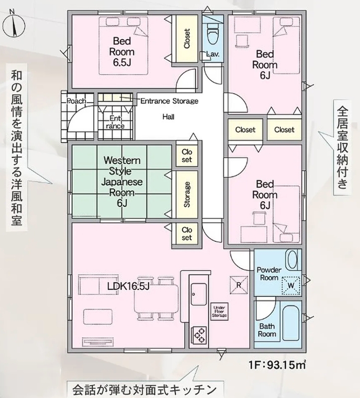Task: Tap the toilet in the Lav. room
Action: (213, 34)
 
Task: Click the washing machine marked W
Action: (291, 285)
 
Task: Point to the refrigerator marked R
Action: (239, 285)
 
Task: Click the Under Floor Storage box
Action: (219, 311)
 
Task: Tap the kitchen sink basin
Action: (199, 294)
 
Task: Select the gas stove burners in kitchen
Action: (199, 334)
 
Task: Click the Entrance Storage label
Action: (169, 101)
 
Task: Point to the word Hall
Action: (168, 117)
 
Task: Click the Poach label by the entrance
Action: (76, 101)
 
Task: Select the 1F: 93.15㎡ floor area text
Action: (277, 365)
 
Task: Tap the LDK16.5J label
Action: (128, 287)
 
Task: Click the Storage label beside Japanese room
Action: (187, 195)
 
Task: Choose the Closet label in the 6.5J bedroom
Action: (187, 39)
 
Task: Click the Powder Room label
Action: (269, 274)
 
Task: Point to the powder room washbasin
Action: (292, 259)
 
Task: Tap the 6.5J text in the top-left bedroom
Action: (122, 62)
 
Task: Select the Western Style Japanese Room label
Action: (122, 182)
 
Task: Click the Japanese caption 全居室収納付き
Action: (343, 147)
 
